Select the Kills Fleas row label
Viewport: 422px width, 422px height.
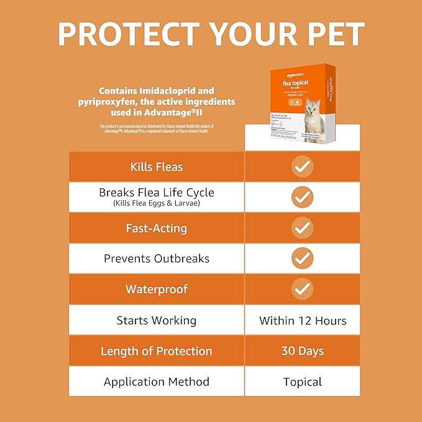point(157,167)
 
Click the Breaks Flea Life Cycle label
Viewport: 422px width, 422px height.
point(157,193)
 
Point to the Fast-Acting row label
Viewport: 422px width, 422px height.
point(157,228)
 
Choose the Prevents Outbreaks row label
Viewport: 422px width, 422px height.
point(157,259)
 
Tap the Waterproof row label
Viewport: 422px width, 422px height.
point(157,289)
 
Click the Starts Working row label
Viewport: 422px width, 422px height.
point(157,321)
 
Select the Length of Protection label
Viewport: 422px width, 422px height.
point(157,351)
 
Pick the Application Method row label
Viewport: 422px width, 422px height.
point(157,382)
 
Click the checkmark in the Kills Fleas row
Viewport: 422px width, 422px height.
point(303,167)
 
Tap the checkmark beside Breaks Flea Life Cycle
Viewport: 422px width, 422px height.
point(303,197)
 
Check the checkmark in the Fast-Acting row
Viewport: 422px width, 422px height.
point(303,228)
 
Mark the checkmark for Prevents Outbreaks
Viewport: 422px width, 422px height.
point(303,259)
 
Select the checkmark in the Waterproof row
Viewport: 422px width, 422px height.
point(303,289)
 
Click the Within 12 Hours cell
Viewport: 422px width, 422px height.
point(303,321)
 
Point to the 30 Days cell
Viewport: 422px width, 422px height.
point(303,351)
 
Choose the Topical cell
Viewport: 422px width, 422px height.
point(303,382)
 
